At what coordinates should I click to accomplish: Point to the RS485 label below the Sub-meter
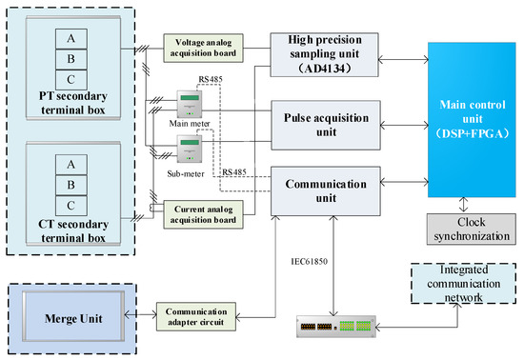(233, 172)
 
